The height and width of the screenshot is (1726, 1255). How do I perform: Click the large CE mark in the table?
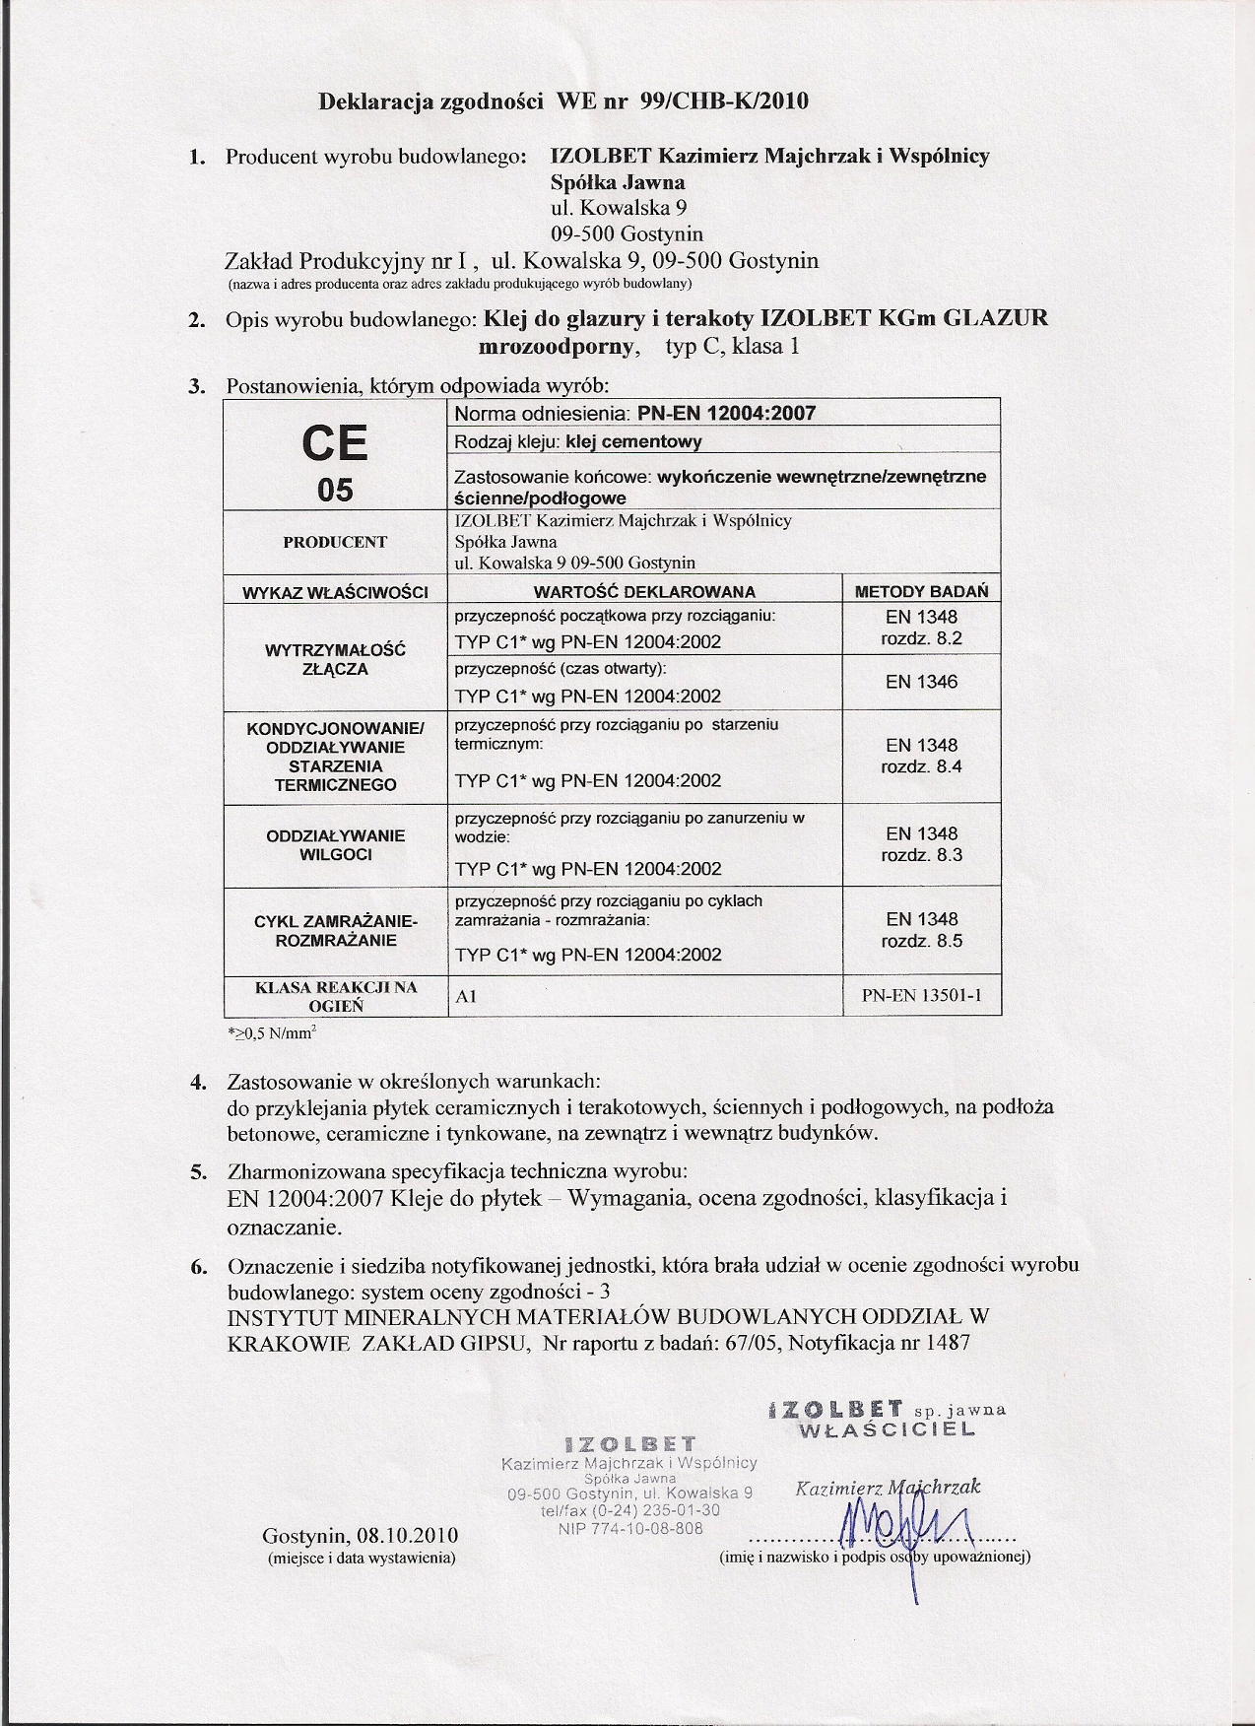(335, 443)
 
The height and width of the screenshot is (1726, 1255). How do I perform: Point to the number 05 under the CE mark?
(335, 490)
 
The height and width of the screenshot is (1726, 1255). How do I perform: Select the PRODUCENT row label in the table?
(335, 542)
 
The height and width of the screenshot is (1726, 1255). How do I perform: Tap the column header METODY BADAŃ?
(921, 591)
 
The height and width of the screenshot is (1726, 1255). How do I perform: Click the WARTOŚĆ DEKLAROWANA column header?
(644, 592)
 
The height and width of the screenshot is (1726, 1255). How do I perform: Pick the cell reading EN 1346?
(921, 682)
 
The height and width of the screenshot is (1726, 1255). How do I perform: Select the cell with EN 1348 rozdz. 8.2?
(921, 628)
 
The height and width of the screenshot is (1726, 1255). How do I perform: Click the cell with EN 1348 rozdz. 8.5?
(921, 930)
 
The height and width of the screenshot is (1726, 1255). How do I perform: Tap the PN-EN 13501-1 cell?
(921, 996)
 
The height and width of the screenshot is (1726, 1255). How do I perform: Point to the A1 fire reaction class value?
(466, 997)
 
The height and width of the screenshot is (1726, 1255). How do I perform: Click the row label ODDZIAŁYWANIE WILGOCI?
(335, 845)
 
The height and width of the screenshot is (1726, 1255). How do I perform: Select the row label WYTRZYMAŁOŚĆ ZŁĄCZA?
(335, 659)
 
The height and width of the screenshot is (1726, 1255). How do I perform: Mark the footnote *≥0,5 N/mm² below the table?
(272, 1033)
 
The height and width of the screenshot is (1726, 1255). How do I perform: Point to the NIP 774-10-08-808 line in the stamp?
(630, 1528)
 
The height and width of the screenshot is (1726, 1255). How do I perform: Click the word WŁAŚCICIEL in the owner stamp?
(887, 1429)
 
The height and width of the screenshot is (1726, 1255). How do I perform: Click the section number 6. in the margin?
(198, 1266)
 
